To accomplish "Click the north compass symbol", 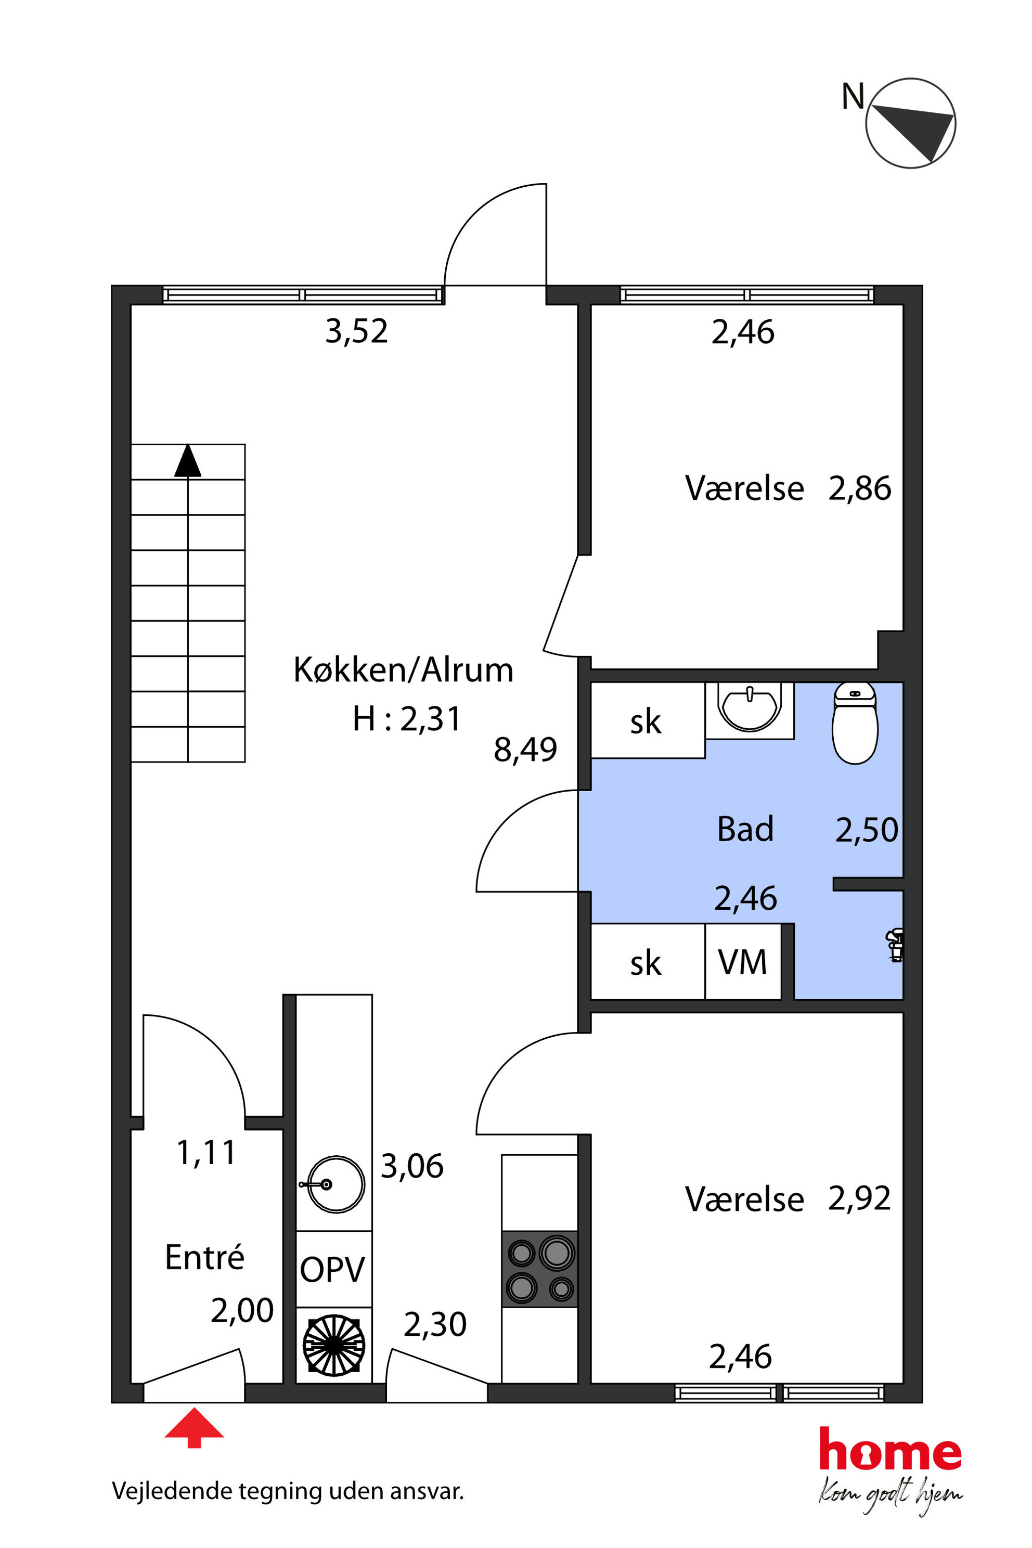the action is click(910, 123).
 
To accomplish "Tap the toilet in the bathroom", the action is click(855, 723).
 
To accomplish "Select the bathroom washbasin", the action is click(750, 707).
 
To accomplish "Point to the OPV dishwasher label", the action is click(332, 1270).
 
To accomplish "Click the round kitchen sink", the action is click(334, 1185).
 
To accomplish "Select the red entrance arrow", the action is click(194, 1428).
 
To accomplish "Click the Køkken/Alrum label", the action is click(403, 670).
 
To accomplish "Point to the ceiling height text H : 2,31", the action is click(407, 719).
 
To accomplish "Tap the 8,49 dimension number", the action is click(525, 750).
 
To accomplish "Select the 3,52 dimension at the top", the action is click(357, 331).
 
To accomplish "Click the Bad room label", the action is click(745, 829).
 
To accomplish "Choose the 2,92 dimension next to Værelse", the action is click(859, 1198).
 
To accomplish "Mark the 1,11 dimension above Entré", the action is click(207, 1153).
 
